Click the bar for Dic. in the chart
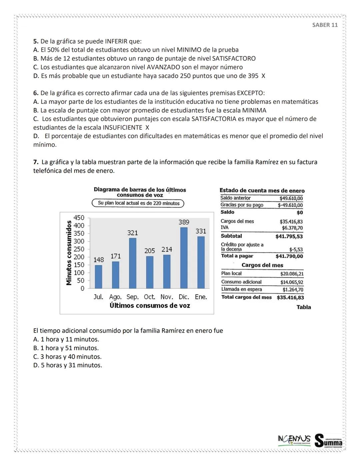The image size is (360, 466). point(184,258)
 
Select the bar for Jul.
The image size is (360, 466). point(98,277)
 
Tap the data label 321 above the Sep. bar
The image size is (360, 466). point(132,233)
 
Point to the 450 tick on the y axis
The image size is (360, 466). point(79,218)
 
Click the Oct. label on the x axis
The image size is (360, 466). point(149,297)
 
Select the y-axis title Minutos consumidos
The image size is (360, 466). point(69,253)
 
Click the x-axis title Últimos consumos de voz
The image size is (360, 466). point(150,306)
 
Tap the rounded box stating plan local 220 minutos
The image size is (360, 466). point(138,203)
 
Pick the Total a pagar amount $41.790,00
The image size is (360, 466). point(289,256)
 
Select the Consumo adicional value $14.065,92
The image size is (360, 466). point(292,282)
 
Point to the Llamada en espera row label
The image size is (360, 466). point(241,290)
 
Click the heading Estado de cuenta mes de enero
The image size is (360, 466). point(262,190)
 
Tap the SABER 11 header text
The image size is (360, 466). point(325,25)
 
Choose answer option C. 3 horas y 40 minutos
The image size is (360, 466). point(67,357)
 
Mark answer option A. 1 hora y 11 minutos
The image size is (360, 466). point(66,340)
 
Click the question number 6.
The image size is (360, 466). point(35,93)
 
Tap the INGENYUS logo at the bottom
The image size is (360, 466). point(294,439)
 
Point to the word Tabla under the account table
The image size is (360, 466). point(303,307)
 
